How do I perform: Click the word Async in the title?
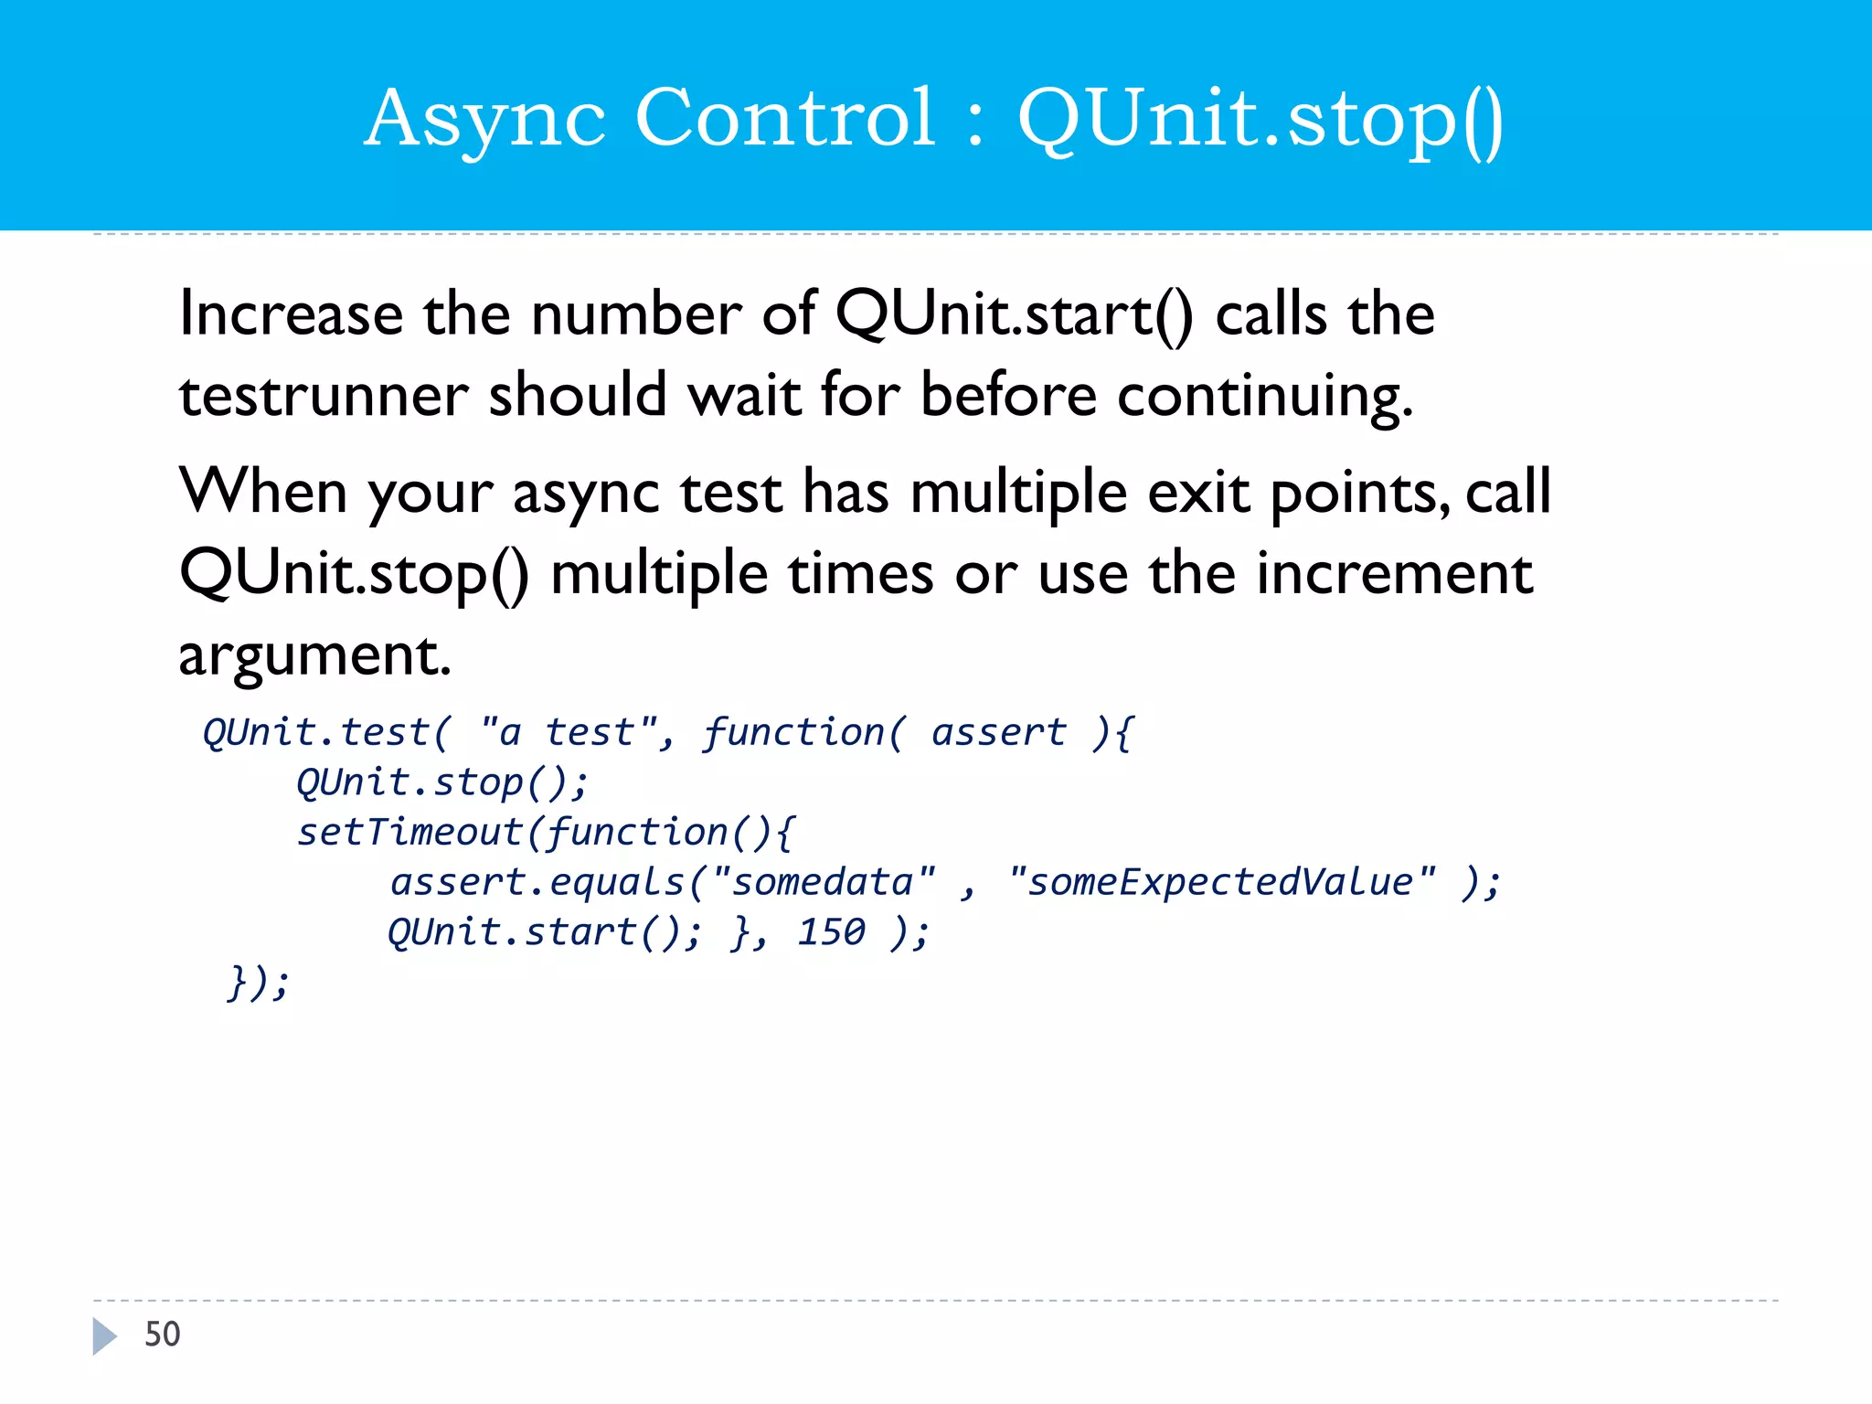[484, 119]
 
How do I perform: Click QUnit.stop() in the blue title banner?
[1260, 119]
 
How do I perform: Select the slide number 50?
[163, 1335]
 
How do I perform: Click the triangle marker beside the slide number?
[104, 1336]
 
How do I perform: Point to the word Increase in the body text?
[291, 314]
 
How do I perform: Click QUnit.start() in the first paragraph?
[1013, 314]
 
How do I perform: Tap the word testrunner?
[324, 397]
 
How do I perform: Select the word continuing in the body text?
[1265, 397]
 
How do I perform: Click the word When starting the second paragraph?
[263, 492]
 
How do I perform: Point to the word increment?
[1395, 574]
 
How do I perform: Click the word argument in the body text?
[314, 655]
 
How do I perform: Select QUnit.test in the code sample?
[316, 733]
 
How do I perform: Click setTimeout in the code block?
[409, 833]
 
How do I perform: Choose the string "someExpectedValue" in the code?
[1221, 883]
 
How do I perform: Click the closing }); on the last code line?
[259, 984]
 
